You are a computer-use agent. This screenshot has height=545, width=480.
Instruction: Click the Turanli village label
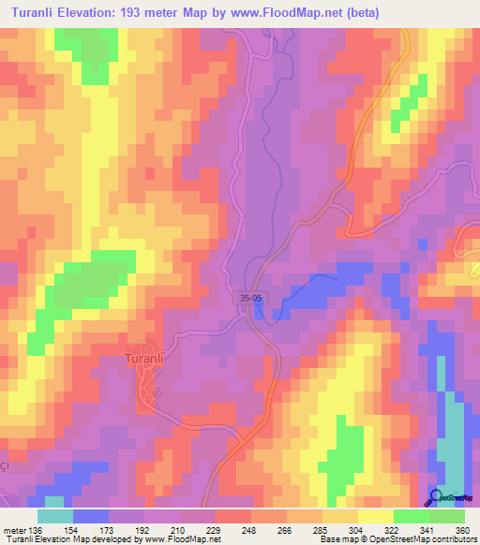pyautogui.click(x=145, y=357)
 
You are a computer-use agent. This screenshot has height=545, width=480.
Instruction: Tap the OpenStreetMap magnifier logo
pyautogui.click(x=436, y=497)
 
